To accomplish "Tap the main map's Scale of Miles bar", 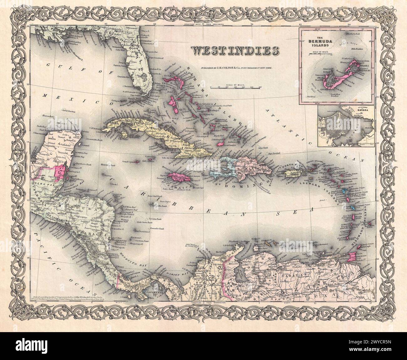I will (236, 87).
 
